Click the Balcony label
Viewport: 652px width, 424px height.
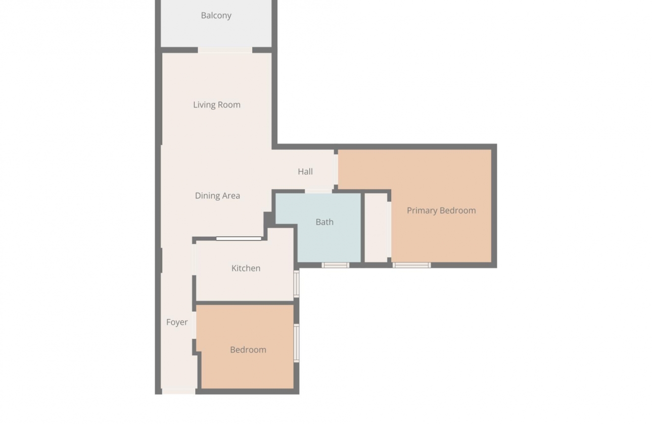(x=216, y=16)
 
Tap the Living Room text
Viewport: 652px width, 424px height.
(x=216, y=105)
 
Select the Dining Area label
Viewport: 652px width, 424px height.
(x=217, y=196)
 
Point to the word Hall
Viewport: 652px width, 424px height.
(x=305, y=172)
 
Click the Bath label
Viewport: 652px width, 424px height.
(x=324, y=222)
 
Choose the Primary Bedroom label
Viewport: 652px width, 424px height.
(x=441, y=210)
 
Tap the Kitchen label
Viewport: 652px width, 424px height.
(x=246, y=269)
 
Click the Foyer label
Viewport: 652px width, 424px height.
(x=177, y=322)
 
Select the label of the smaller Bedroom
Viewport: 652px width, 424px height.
(x=248, y=350)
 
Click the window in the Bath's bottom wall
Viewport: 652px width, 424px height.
(x=335, y=265)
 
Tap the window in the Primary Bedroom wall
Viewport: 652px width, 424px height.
(x=411, y=265)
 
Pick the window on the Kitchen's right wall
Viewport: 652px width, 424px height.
(x=296, y=283)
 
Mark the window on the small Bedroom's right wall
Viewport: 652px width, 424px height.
(x=296, y=343)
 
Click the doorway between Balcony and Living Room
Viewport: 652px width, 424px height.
(x=225, y=50)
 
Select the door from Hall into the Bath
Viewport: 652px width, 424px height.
(x=318, y=191)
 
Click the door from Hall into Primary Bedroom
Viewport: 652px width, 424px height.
(x=336, y=169)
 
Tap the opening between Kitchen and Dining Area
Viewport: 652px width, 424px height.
(x=239, y=238)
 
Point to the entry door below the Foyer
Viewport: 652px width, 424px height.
(x=178, y=391)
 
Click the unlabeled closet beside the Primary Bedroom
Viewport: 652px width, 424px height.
(x=376, y=227)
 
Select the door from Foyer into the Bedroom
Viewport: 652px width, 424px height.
(x=194, y=325)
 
